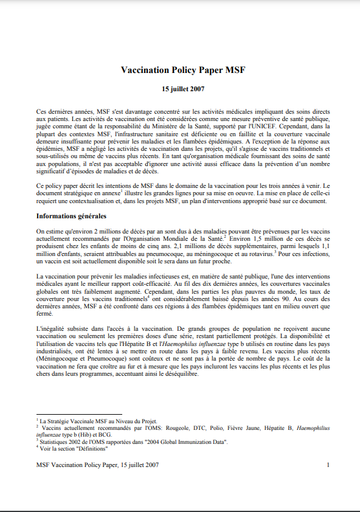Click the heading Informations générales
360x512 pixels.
coord(72,215)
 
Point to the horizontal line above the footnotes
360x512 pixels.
coord(79,414)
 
